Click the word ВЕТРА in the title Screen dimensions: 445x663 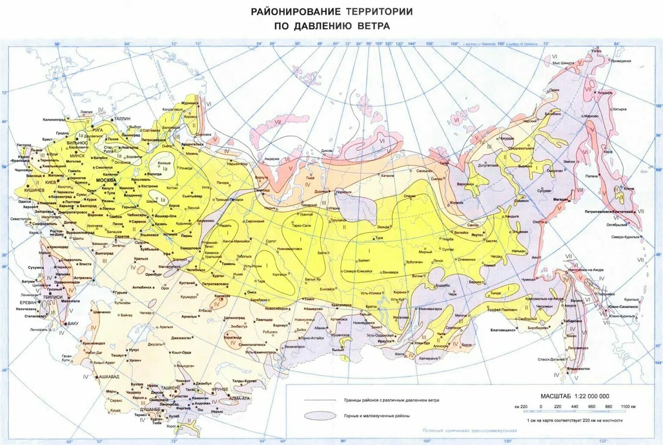[x=374, y=26]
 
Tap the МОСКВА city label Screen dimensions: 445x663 [x=106, y=180]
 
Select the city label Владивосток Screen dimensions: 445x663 [x=578, y=369]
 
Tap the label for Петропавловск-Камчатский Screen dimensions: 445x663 [x=609, y=212]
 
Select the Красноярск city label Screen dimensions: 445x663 [x=343, y=305]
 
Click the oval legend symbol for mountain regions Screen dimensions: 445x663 [x=320, y=416]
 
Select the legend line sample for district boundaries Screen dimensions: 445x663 [x=320, y=400]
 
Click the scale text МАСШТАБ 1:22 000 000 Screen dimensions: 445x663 [x=575, y=396]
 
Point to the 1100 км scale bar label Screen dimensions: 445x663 [x=628, y=407]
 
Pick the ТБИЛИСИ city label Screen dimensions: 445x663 [x=53, y=297]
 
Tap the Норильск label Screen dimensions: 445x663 [x=344, y=191]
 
